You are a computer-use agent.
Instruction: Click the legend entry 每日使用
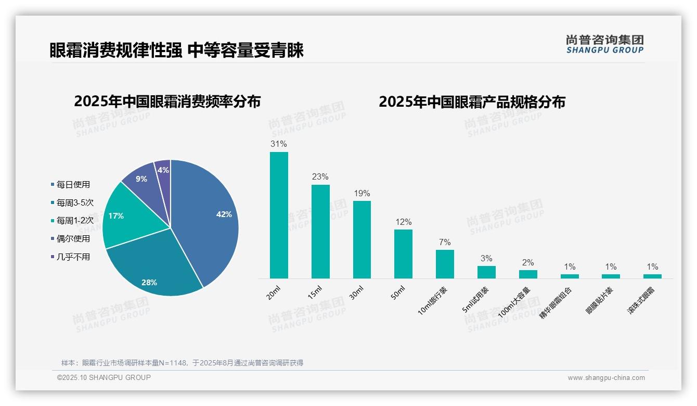[73, 184]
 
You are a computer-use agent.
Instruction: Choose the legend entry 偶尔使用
[73, 238]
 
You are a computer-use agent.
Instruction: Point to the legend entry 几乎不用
[73, 257]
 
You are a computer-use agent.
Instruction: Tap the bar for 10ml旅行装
[445, 264]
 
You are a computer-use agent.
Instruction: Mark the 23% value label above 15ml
[320, 177]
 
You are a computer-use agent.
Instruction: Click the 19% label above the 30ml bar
[362, 193]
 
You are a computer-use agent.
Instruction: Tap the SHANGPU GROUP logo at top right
[604, 44]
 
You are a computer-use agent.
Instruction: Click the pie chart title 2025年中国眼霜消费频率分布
[167, 102]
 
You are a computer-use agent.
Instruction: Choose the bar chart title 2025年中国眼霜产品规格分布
[472, 102]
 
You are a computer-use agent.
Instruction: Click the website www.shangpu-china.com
[606, 378]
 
